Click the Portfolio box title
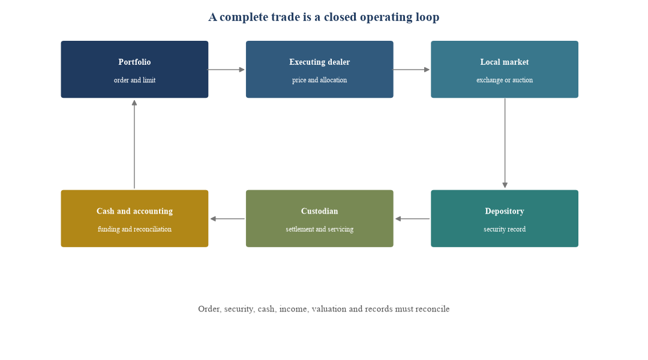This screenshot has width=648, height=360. (x=134, y=62)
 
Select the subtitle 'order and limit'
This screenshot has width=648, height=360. (x=135, y=80)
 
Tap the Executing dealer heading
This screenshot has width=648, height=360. (x=319, y=62)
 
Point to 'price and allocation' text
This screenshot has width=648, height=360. (x=319, y=80)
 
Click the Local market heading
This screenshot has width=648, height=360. (x=504, y=62)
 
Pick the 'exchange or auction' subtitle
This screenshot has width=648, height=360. (x=505, y=80)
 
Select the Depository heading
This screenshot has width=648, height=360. (x=504, y=211)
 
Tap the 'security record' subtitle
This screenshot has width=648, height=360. (x=505, y=229)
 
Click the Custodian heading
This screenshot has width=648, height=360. (x=319, y=211)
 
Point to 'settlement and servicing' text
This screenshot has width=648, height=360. (x=319, y=229)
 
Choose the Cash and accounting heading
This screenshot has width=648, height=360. (x=135, y=211)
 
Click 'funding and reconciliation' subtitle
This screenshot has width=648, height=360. (x=135, y=229)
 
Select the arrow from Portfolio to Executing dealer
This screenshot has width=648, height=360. (x=226, y=70)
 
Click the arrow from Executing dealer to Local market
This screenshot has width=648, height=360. (x=411, y=70)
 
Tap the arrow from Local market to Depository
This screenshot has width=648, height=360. (x=505, y=143)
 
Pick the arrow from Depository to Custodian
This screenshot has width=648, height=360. (x=412, y=218)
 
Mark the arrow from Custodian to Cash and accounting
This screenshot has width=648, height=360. (x=227, y=218)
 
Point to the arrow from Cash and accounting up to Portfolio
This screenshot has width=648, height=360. (x=134, y=144)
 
